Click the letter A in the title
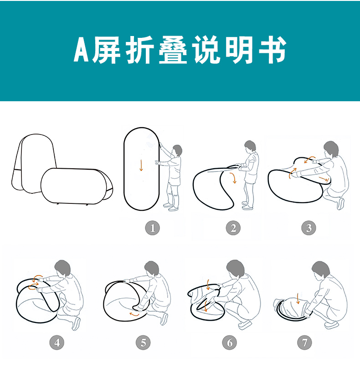82,50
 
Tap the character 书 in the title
273,50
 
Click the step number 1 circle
153,228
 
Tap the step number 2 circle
233,228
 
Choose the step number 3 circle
309,228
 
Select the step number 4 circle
57,343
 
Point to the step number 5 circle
143,343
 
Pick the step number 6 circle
229,343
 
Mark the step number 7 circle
304,343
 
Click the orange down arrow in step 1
141,165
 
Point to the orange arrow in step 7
298,299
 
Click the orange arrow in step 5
134,314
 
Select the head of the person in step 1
177,150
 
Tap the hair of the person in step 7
321,269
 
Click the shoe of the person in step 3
341,204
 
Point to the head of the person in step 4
63,268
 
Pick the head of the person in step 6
236,268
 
